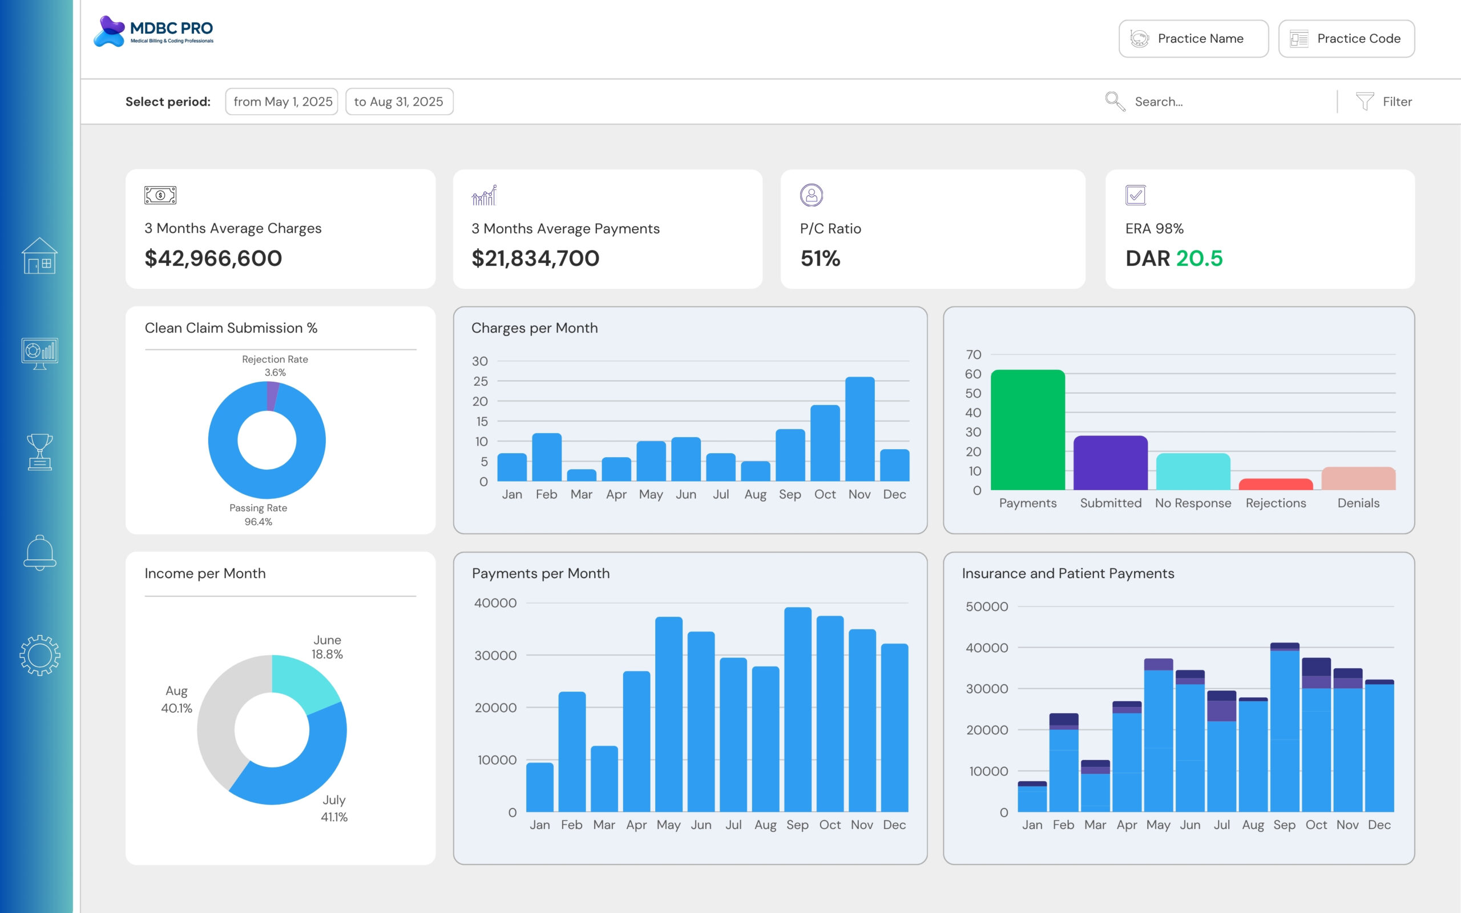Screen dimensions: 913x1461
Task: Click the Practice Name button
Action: (x=1193, y=39)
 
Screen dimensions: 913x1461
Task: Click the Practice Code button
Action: (x=1346, y=39)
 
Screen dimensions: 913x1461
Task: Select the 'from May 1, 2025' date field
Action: (x=282, y=102)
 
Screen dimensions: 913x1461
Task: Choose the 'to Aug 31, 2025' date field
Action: (x=399, y=102)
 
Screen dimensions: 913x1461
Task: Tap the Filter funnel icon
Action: (x=1365, y=102)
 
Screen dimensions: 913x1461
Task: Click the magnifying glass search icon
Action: (x=1115, y=102)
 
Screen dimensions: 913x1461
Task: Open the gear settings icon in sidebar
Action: (x=40, y=655)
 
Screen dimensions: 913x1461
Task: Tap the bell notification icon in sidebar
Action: (x=40, y=552)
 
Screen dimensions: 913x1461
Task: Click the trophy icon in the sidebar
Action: (x=40, y=452)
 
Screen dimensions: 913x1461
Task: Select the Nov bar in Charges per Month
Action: (x=859, y=429)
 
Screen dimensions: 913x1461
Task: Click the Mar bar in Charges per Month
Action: (x=582, y=475)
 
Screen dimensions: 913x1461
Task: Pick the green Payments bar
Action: (x=1027, y=430)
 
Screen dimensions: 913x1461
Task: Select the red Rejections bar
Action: (x=1276, y=484)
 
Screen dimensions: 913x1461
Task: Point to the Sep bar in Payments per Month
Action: (x=797, y=709)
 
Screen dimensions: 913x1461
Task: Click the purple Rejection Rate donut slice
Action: (x=272, y=396)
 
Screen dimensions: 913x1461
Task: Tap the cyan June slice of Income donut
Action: (x=305, y=679)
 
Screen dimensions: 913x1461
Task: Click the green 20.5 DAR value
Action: (x=1199, y=258)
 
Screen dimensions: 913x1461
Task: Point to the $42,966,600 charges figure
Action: (x=213, y=258)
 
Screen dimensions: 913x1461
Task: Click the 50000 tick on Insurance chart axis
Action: (x=987, y=606)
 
